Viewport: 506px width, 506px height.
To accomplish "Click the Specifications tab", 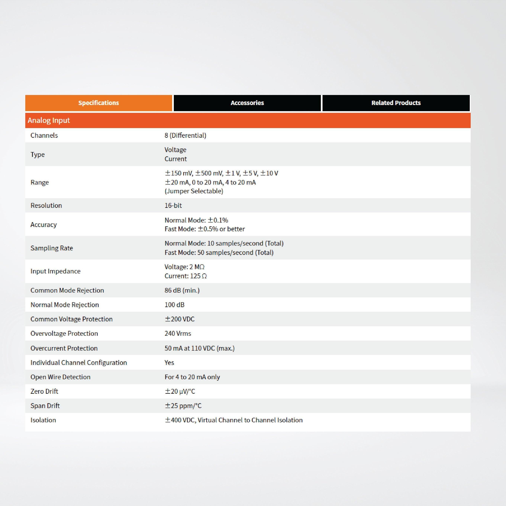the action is (99, 103).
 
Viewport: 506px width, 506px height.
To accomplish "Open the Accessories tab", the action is (247, 103).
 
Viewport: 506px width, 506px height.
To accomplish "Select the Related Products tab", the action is (396, 103).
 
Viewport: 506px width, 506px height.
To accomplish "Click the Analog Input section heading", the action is (49, 120).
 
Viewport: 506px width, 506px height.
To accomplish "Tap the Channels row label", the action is (44, 135).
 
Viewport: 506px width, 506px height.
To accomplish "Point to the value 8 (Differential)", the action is (185, 135).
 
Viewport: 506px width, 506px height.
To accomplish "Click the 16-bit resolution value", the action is (173, 205).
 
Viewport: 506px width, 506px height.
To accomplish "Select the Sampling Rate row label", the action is (52, 248).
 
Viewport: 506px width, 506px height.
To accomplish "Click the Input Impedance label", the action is (55, 271).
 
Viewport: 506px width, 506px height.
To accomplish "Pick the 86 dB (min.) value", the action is (182, 290).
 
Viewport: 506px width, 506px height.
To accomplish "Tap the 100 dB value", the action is (174, 305).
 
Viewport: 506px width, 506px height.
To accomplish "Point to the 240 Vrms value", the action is (178, 333).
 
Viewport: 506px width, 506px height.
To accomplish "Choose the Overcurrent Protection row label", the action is (64, 348).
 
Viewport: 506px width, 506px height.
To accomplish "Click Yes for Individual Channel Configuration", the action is (169, 362).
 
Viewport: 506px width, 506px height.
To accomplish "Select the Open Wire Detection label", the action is (60, 377).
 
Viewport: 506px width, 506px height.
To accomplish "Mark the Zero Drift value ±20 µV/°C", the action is (180, 391).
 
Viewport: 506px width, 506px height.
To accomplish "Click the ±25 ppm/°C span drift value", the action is (183, 406).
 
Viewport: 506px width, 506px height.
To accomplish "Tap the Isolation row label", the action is (43, 420).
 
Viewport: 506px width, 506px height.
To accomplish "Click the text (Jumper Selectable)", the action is (194, 191).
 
